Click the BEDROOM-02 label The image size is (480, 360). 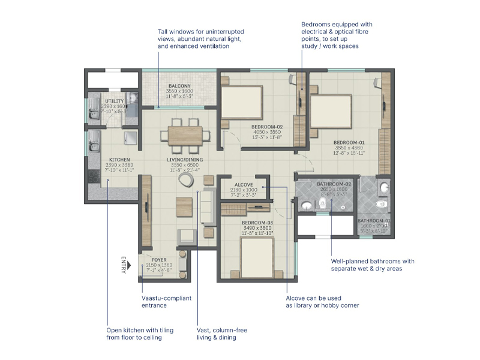tap(267, 127)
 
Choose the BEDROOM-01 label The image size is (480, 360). tap(349, 143)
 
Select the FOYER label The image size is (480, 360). tap(159, 260)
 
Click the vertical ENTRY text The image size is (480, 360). tap(124, 265)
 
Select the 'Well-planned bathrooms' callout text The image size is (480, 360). tap(372, 265)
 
